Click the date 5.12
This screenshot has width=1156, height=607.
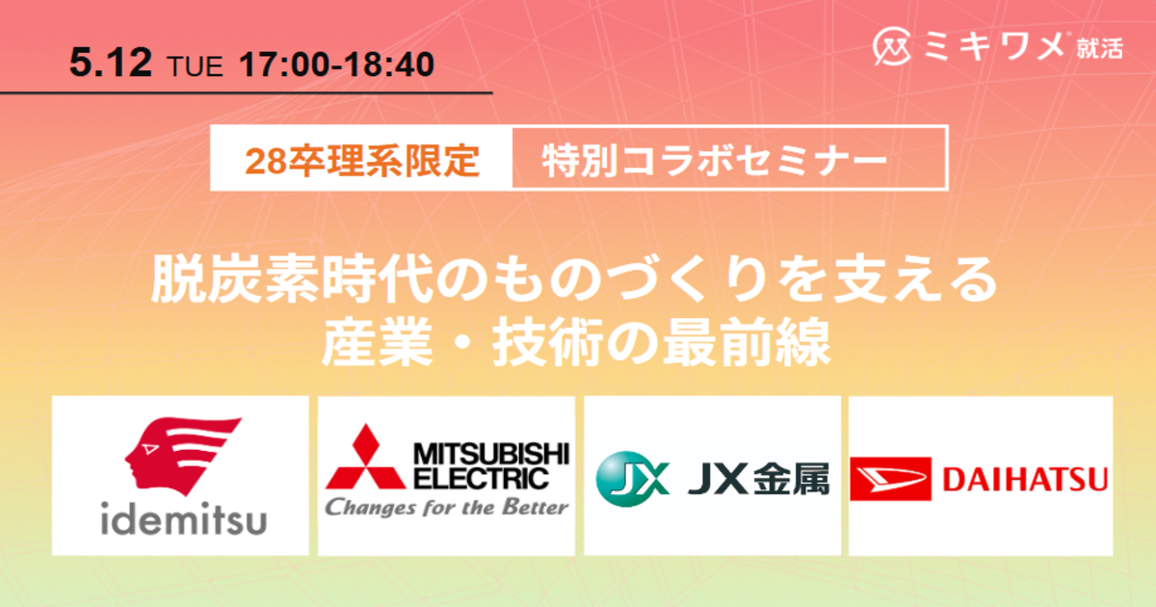click(x=111, y=63)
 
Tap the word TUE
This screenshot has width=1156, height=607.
click(x=195, y=66)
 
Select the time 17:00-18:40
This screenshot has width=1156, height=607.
click(x=336, y=65)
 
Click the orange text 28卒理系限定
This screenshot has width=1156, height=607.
click(x=362, y=161)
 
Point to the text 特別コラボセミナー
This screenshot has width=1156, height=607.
click(x=715, y=161)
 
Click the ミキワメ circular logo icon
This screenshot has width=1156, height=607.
click(x=892, y=46)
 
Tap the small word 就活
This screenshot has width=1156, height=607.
click(x=1100, y=49)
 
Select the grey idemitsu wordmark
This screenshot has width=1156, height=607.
click(x=184, y=518)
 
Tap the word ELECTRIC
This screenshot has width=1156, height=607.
click(x=481, y=479)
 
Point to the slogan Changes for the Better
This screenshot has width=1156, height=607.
click(x=446, y=508)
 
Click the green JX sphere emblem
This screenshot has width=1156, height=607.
click(x=633, y=479)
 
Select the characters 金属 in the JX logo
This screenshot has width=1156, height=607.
click(x=791, y=479)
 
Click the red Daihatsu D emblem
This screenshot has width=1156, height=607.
click(x=891, y=479)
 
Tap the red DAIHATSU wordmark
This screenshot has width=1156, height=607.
click(x=1025, y=479)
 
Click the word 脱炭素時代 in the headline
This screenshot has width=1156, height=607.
click(x=291, y=280)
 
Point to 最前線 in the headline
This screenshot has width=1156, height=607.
click(x=747, y=342)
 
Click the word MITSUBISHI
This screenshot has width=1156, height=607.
click(x=491, y=454)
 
